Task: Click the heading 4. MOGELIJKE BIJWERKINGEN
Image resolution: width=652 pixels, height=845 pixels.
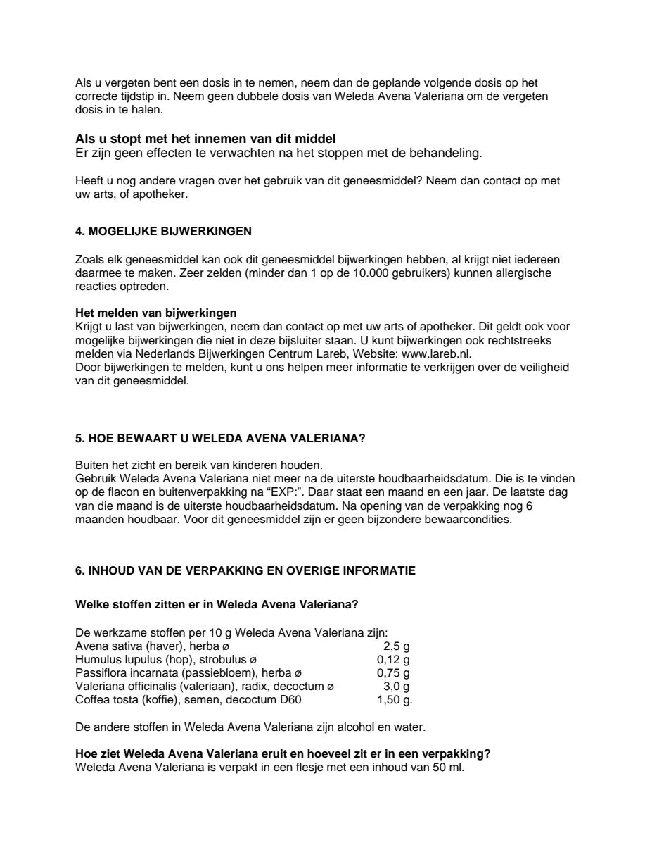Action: coord(163,231)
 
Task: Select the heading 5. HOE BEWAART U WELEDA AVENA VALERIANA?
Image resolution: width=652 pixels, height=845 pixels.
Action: coord(219,437)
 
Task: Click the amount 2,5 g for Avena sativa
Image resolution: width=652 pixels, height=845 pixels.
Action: coord(396,646)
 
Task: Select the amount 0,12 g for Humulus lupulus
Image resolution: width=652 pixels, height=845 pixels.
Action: coord(393,659)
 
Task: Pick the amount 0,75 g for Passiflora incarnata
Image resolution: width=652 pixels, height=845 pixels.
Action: coord(393,672)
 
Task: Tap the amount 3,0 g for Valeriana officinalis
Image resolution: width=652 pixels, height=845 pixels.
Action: coord(396,686)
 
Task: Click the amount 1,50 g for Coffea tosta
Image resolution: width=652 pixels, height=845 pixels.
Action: coord(395,699)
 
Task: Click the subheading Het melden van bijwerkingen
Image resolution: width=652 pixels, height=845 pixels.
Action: coord(155,312)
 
